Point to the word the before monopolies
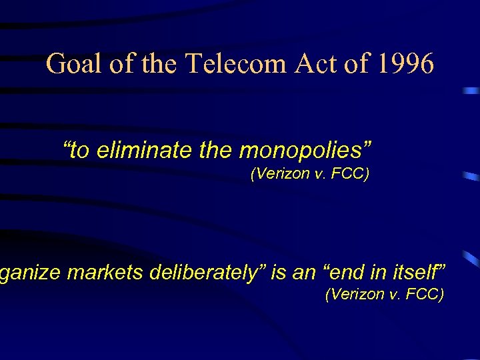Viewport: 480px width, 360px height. pos(217,151)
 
